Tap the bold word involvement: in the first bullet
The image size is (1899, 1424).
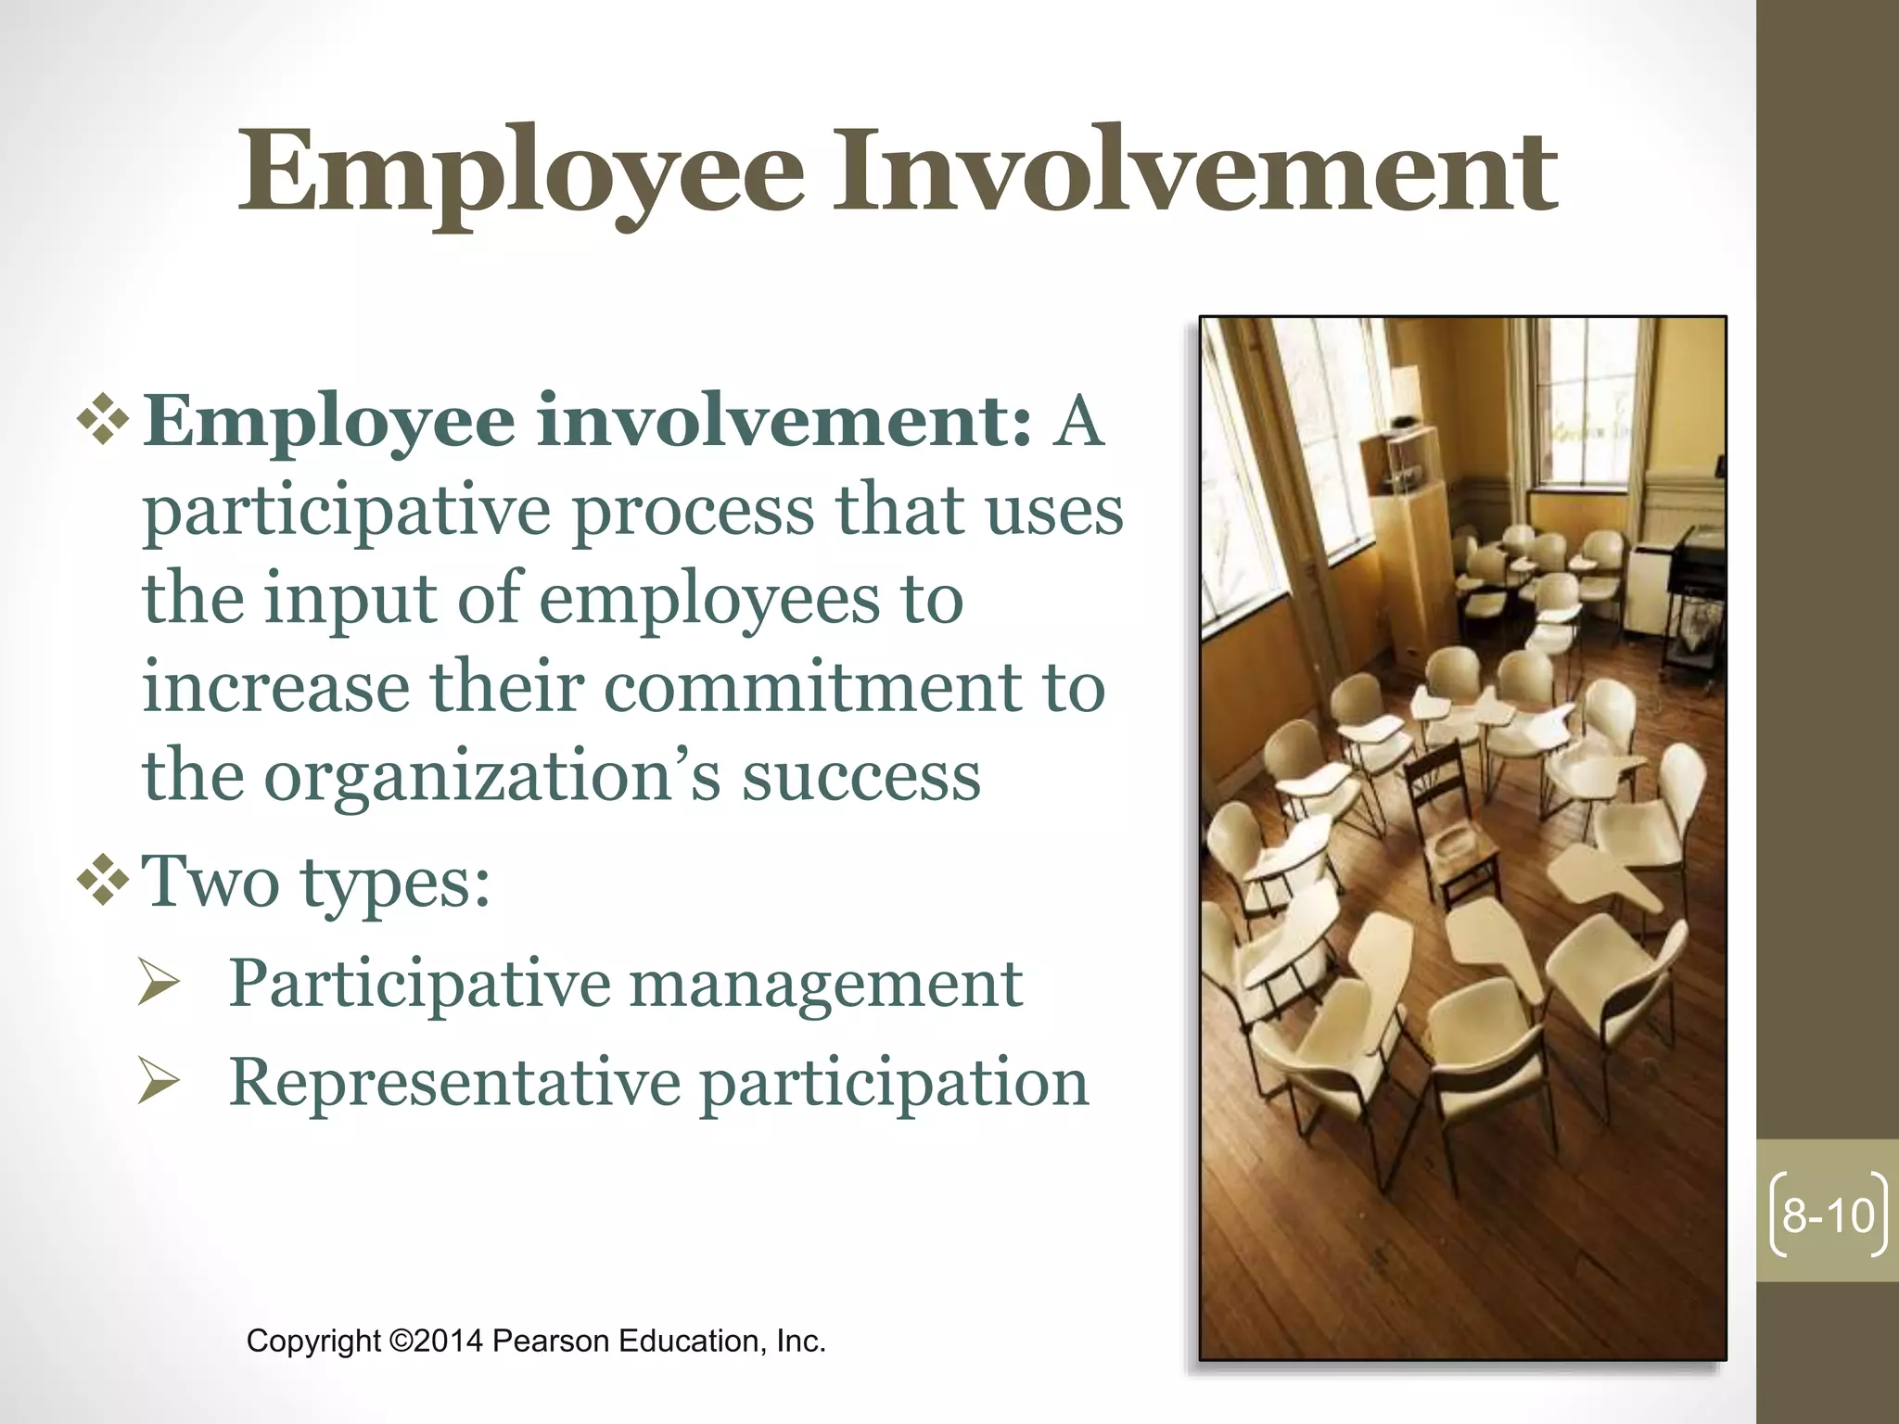pyautogui.click(x=784, y=422)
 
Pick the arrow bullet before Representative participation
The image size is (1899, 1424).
pyautogui.click(x=158, y=1083)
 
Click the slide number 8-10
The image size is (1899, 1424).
pyautogui.click(x=1828, y=1215)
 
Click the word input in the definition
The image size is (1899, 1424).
pyautogui.click(x=350, y=599)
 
